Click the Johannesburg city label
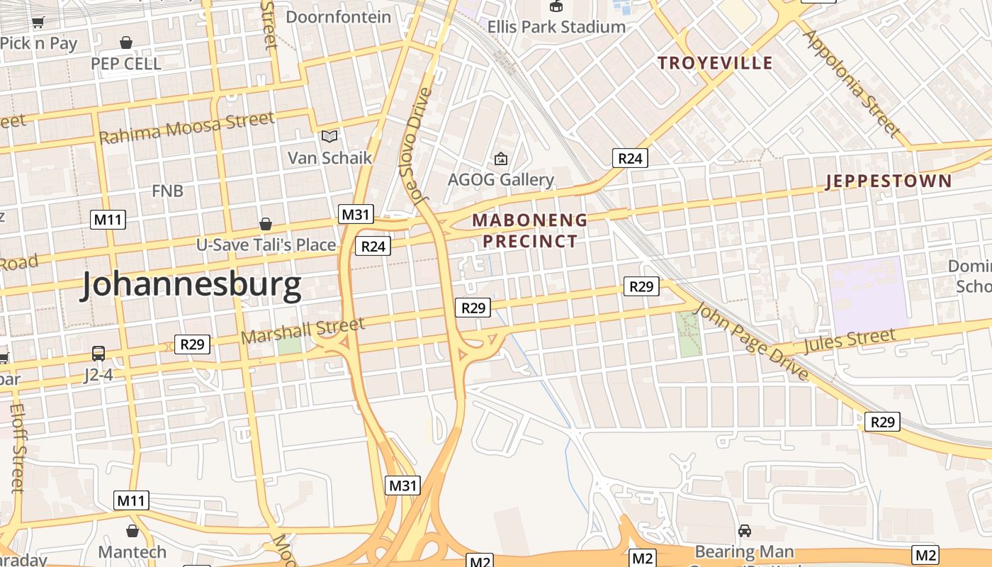pyautogui.click(x=191, y=285)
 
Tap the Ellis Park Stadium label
pyautogui.click(x=556, y=27)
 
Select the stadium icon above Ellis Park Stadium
pyautogui.click(x=556, y=6)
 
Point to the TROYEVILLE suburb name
pyautogui.click(x=715, y=63)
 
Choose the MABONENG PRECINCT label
pyautogui.click(x=530, y=230)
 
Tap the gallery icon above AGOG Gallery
pyautogui.click(x=501, y=159)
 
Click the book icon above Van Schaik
pyautogui.click(x=329, y=136)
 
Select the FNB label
pyautogui.click(x=167, y=191)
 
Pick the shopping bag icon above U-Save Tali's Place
pyautogui.click(x=266, y=224)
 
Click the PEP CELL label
pyautogui.click(x=126, y=63)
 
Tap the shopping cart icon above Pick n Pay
pyautogui.click(x=38, y=23)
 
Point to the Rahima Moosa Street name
pyautogui.click(x=186, y=128)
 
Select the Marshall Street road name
pyautogui.click(x=303, y=330)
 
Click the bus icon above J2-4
pyautogui.click(x=98, y=353)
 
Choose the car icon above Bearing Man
pyautogui.click(x=745, y=530)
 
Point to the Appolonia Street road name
pyautogui.click(x=852, y=83)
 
